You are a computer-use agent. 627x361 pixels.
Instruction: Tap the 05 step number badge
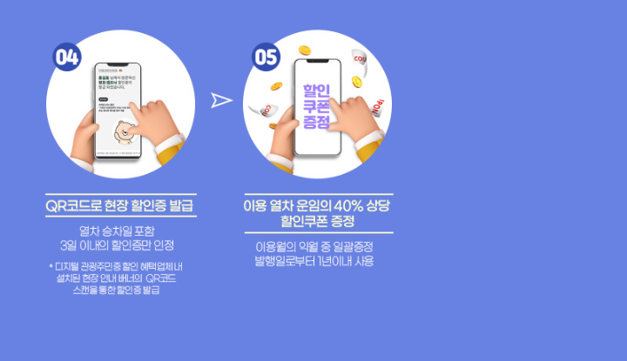(266, 57)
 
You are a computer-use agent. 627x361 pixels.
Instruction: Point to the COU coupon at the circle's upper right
(360, 59)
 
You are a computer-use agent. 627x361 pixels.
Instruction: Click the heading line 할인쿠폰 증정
(318, 221)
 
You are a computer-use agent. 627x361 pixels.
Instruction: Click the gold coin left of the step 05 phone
(276, 86)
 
